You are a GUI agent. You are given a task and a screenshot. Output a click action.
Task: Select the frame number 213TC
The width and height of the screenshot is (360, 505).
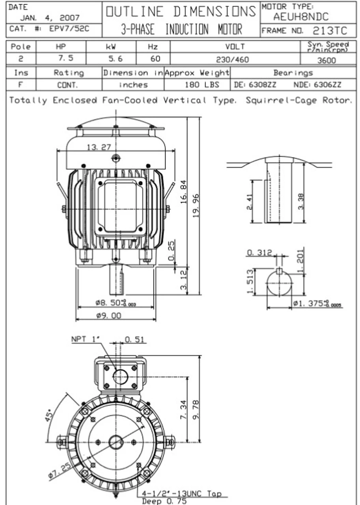(330, 31)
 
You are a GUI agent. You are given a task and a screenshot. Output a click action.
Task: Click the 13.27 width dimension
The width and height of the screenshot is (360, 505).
(99, 147)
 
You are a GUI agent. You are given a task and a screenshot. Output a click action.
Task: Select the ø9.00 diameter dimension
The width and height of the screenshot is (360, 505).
(108, 316)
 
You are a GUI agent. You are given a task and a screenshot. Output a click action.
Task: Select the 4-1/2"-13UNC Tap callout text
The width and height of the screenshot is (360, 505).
(181, 494)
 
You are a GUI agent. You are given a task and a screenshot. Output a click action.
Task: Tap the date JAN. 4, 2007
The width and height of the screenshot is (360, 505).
(50, 18)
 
